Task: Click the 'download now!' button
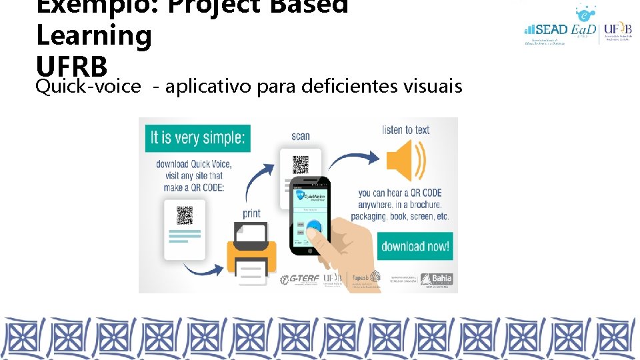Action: point(415,246)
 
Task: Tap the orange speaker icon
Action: point(405,161)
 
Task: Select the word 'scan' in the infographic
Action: point(301,136)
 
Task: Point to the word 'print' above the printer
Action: point(251,214)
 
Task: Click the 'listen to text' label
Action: point(405,130)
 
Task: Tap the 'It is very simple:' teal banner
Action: point(198,138)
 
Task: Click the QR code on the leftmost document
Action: point(184,215)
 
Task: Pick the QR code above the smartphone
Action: point(301,164)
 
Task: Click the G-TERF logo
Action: point(298,279)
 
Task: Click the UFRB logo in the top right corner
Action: point(617,30)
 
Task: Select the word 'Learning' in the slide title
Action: point(94,35)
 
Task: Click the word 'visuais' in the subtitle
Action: point(437,85)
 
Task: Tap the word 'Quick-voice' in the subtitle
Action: point(89,85)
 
